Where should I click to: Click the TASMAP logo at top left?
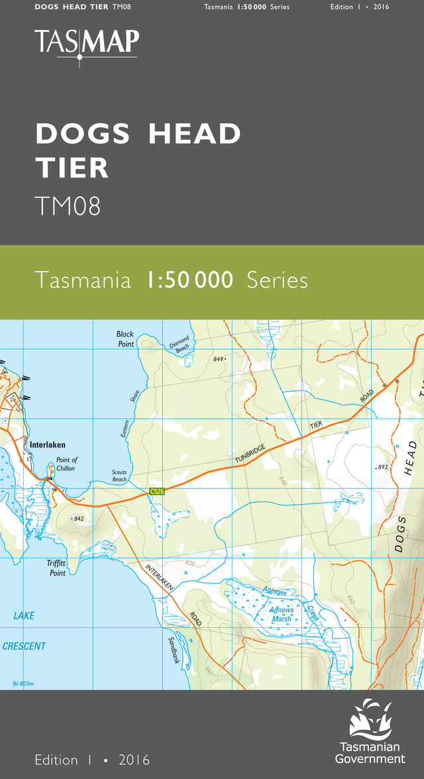point(87,44)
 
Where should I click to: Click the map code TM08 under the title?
point(68,206)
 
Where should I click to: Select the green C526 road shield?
point(156,491)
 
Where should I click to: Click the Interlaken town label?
point(48,446)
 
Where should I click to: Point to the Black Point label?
point(125,339)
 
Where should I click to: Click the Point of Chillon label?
point(66,464)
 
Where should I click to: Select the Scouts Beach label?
point(119,476)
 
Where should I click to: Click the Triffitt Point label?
point(58,568)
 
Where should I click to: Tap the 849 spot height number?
point(219,358)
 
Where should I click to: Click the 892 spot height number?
point(382,467)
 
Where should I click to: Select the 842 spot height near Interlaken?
point(78,519)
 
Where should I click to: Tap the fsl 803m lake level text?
point(23,684)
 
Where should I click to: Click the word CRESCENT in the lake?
point(24,646)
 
